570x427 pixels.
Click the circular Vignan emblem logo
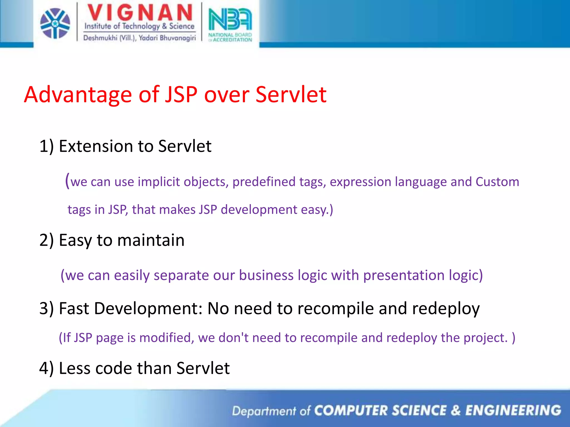pyautogui.click(x=55, y=23)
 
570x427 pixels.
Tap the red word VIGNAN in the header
pyautogui.click(x=140, y=13)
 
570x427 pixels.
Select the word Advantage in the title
pyautogui.click(x=78, y=95)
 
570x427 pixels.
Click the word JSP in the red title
pyautogui.click(x=181, y=95)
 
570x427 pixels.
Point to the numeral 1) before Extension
pyautogui.click(x=46, y=146)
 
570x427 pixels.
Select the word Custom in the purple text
pyautogui.click(x=497, y=182)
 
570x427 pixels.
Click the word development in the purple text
pyautogui.click(x=259, y=210)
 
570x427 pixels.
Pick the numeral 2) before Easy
pyautogui.click(x=46, y=240)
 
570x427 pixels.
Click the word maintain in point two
pyautogui.click(x=151, y=240)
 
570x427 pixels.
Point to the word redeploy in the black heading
pyautogui.click(x=446, y=309)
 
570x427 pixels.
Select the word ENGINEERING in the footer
pyautogui.click(x=513, y=411)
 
